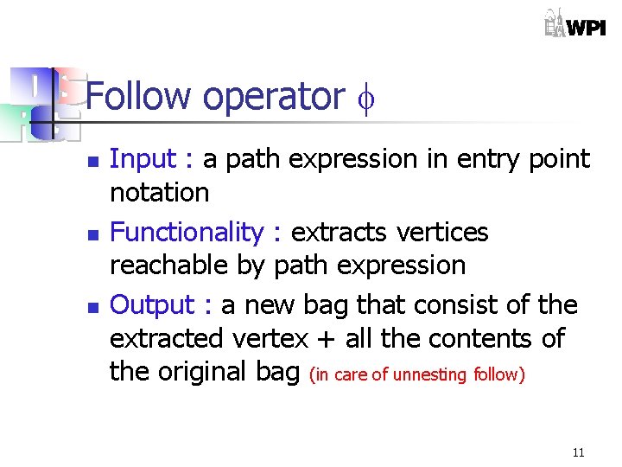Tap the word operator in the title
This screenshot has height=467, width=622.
(273, 98)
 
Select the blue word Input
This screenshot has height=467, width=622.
(142, 159)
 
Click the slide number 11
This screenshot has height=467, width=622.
(578, 452)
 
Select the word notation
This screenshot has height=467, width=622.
(160, 192)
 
